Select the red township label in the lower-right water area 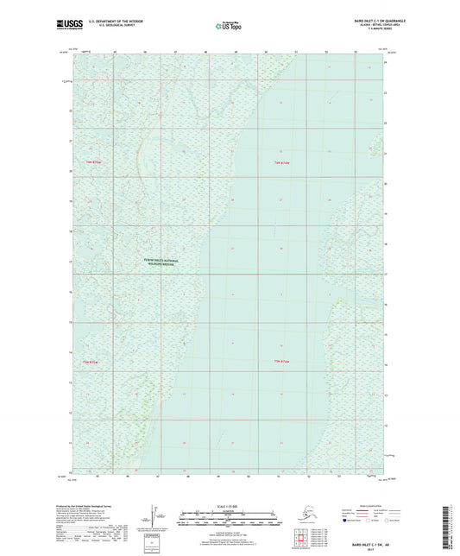pyautogui.click(x=283, y=361)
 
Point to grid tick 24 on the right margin pyautogui.click(x=386, y=64)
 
